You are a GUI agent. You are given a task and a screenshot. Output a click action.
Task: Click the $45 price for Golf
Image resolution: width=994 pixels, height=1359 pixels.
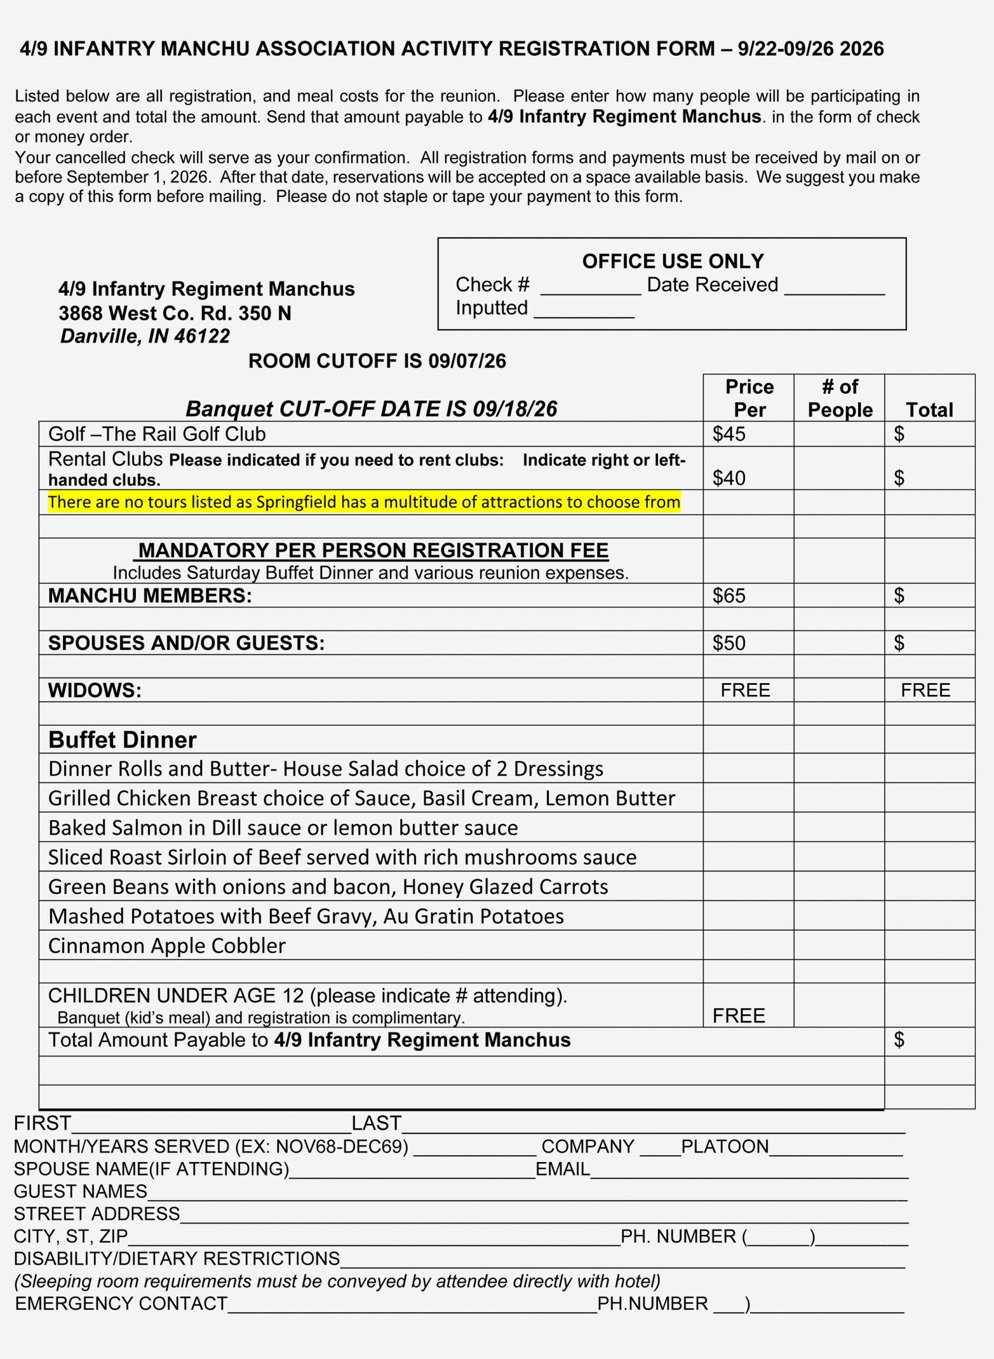[729, 434]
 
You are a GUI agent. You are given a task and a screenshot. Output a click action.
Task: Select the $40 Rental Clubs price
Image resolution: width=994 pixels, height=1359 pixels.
[729, 478]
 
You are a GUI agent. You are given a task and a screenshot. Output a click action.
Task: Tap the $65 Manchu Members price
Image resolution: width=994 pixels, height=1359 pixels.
[729, 595]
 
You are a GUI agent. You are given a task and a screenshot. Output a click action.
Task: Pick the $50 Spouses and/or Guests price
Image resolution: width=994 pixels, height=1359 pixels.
[729, 642]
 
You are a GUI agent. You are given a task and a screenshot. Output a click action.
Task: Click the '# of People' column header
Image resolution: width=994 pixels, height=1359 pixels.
[839, 398]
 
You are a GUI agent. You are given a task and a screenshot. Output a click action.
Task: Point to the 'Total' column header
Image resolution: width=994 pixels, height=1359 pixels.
[929, 410]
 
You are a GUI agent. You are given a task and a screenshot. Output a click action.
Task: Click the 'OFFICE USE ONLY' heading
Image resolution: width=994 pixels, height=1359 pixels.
[672, 261]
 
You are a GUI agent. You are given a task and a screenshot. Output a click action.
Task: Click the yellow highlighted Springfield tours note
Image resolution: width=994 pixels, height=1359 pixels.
[364, 502]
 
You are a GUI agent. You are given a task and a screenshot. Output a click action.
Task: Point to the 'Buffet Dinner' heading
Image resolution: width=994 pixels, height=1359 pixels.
[122, 739]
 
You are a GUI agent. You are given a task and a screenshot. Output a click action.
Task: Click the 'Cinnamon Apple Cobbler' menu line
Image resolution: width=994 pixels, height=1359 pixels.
[167, 945]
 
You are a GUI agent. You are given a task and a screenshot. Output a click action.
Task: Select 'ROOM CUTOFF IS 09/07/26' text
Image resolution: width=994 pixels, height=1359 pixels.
[376, 361]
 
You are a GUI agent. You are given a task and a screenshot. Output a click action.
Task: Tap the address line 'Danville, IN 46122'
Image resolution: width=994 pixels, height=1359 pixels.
[144, 336]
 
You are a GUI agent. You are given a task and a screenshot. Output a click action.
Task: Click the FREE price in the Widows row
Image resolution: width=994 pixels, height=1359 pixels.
[745, 690]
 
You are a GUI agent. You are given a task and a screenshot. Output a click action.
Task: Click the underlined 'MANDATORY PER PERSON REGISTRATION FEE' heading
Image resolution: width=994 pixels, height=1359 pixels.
[373, 551]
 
